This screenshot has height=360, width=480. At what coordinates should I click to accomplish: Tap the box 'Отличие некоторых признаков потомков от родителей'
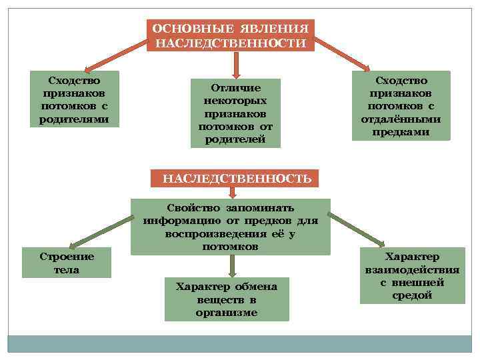coord(235,113)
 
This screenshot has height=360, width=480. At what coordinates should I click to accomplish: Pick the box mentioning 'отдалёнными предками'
coord(401,105)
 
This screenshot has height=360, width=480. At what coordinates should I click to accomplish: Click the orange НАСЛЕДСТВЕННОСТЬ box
coord(237,179)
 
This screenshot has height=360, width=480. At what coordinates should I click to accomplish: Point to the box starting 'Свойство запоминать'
coord(230,227)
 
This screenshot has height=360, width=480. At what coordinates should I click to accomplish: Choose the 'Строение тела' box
coord(67,263)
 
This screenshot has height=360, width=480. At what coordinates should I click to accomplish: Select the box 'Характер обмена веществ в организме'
coord(227,299)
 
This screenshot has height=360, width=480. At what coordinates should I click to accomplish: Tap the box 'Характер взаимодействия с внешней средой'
coord(412,275)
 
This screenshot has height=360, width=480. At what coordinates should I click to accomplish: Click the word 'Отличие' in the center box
coord(235,88)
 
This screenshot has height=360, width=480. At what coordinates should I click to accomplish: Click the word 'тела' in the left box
coord(67,270)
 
